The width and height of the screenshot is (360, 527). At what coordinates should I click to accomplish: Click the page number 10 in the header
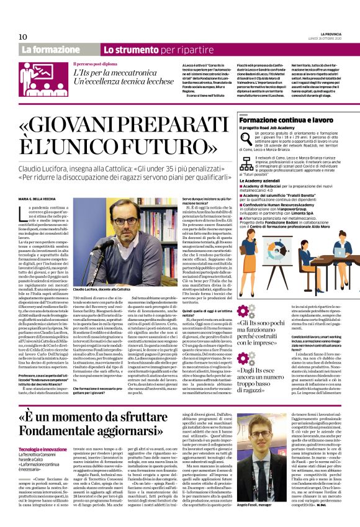click(x=24, y=37)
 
